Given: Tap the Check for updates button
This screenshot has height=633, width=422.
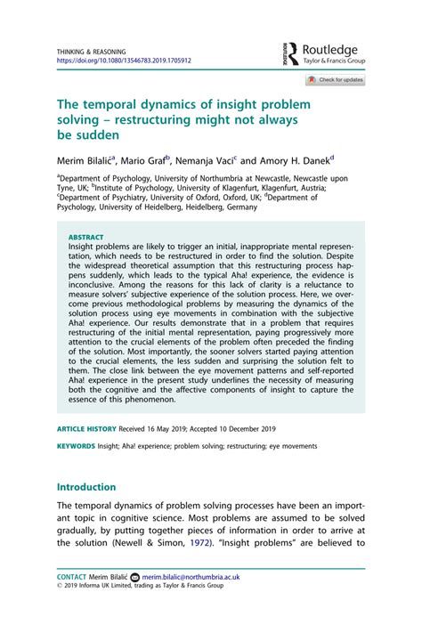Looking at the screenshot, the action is (x=335, y=80).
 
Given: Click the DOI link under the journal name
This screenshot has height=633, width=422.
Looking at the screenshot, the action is (x=124, y=61).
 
